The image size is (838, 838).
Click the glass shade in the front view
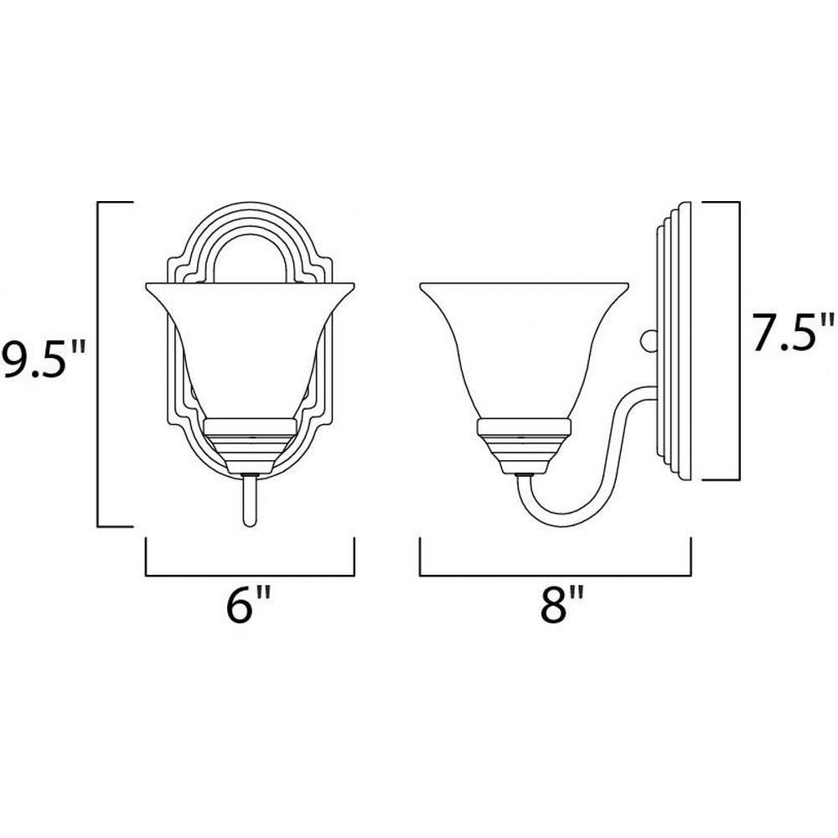tap(250, 348)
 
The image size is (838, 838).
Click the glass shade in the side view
tap(524, 348)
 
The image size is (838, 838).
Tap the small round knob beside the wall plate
tap(649, 340)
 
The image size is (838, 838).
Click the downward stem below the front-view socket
tap(250, 500)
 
